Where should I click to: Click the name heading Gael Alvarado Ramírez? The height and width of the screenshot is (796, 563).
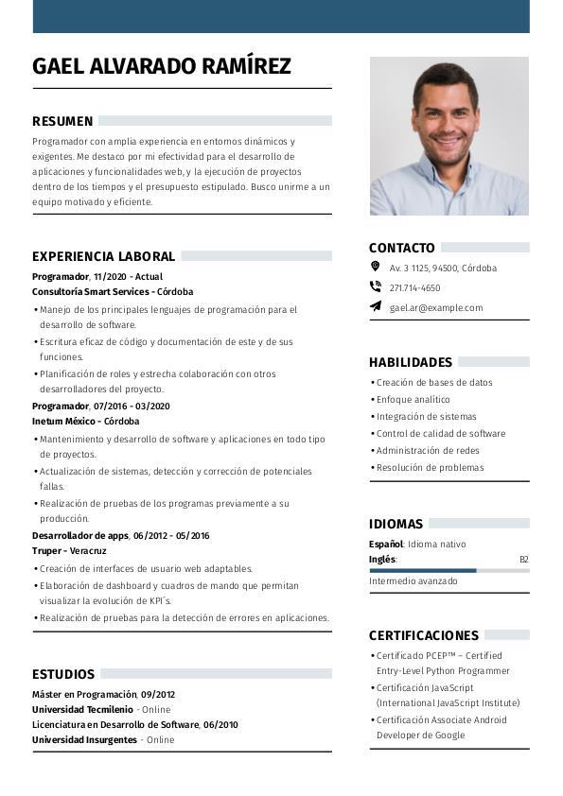(x=162, y=66)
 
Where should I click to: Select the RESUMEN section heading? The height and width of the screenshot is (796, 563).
(x=62, y=121)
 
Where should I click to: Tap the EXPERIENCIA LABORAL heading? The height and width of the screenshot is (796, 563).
(x=103, y=256)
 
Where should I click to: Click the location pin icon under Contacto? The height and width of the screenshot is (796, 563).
(x=375, y=268)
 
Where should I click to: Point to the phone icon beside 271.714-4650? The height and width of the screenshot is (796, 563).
(x=375, y=287)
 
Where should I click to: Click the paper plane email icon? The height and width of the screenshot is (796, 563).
(x=375, y=307)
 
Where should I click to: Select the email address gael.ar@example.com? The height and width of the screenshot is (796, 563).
(x=436, y=307)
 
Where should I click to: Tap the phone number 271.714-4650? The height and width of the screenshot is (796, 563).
(x=414, y=287)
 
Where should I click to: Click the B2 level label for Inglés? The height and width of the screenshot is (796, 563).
(x=523, y=560)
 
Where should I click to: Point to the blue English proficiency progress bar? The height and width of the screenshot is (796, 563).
(x=422, y=570)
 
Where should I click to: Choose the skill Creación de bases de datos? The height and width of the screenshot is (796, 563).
(x=434, y=383)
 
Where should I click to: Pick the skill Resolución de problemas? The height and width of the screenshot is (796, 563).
(x=430, y=468)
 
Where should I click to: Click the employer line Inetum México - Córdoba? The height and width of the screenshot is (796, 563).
(x=85, y=422)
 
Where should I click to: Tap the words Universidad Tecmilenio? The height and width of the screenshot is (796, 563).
(x=82, y=709)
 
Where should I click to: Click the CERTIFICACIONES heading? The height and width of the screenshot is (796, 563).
(x=424, y=635)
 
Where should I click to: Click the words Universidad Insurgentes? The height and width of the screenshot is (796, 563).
(x=84, y=740)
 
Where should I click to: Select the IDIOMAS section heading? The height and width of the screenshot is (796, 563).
(x=396, y=524)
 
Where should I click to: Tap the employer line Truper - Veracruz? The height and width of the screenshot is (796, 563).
(x=69, y=551)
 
